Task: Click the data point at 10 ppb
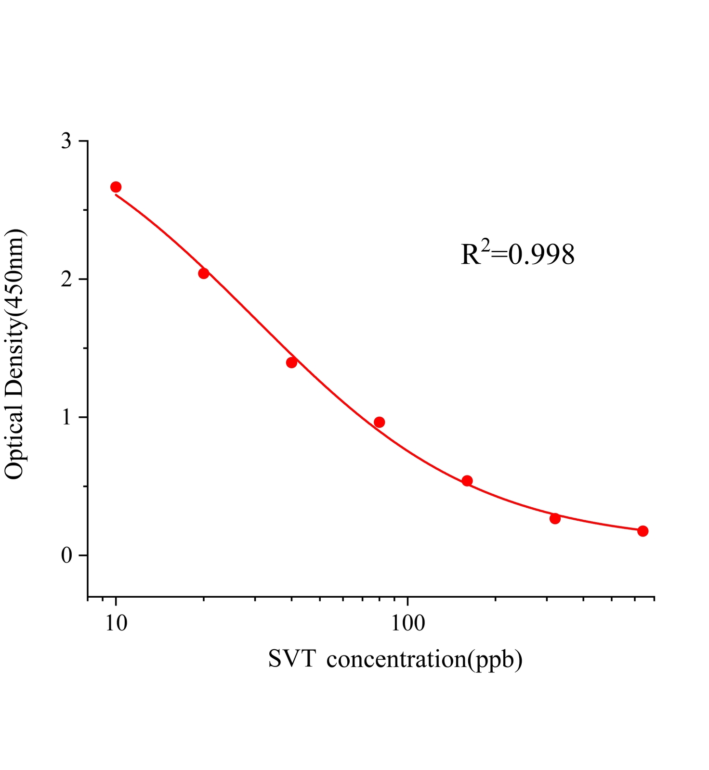click(x=116, y=187)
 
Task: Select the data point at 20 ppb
click(x=204, y=273)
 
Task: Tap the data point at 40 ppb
click(x=291, y=362)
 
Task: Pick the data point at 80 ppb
click(x=380, y=422)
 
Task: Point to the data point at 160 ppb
click(x=467, y=481)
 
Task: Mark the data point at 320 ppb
click(x=555, y=519)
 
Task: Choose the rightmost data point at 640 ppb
click(x=643, y=531)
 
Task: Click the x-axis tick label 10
click(x=116, y=623)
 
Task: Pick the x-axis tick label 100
click(x=408, y=623)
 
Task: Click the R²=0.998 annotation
click(x=518, y=254)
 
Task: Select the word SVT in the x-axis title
click(x=291, y=659)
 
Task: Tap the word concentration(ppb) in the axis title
click(x=424, y=659)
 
